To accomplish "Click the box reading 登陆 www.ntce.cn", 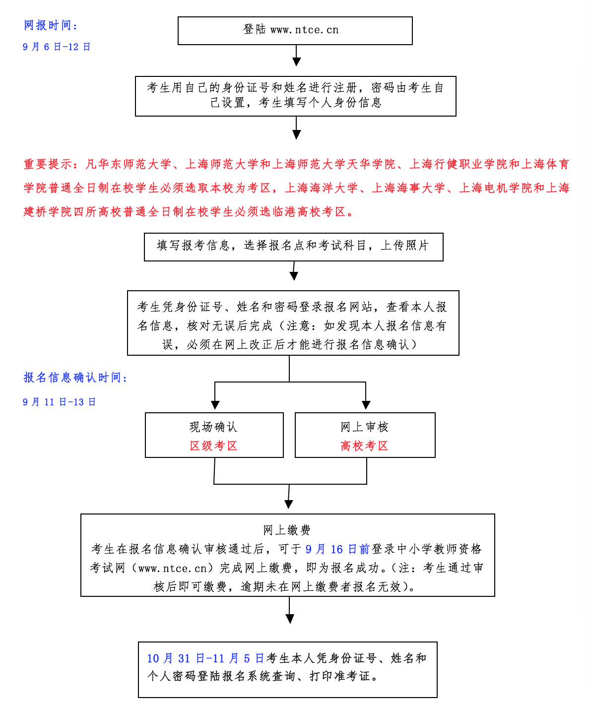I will click(x=295, y=30).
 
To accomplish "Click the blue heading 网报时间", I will click(x=50, y=26).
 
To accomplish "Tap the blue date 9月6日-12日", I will click(x=57, y=47).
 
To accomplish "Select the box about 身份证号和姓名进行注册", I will click(x=295, y=96).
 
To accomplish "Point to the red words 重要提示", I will click(x=49, y=164).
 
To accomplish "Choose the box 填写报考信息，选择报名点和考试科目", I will click(x=293, y=246).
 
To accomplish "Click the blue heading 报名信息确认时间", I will click(x=74, y=378).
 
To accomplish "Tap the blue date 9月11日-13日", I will click(x=59, y=402).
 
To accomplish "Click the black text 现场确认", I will click(x=214, y=427).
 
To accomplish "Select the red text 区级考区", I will click(x=214, y=446).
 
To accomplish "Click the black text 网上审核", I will click(x=365, y=427).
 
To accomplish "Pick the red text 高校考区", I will click(x=365, y=446).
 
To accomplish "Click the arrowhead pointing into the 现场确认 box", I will click(x=215, y=404).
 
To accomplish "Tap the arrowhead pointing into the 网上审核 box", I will click(x=366, y=404).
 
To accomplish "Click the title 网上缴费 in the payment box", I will click(x=287, y=530).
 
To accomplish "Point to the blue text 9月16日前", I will click(x=337, y=549).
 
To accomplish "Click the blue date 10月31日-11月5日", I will click(x=205, y=658).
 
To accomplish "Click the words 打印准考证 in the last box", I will click(x=339, y=676).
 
